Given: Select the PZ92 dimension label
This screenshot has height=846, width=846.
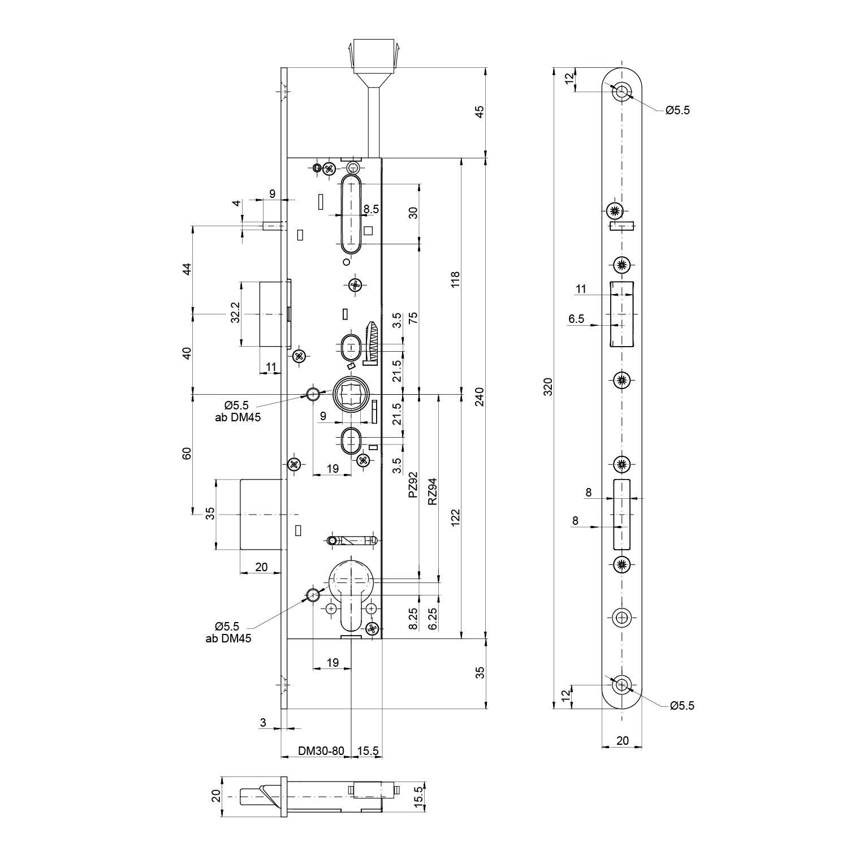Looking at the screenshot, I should point(413,485).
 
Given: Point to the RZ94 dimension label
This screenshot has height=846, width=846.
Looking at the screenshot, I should point(433,491).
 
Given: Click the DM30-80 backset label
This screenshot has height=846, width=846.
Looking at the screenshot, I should point(321,751).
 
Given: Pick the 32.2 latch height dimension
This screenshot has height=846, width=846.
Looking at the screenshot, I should point(236,312).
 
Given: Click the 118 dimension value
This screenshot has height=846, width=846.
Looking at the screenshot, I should point(456,279).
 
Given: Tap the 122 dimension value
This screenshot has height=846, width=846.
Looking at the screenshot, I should point(456,517).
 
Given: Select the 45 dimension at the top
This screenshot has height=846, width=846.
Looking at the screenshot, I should point(480,112).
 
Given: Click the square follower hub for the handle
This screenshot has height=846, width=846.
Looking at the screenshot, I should point(351,394).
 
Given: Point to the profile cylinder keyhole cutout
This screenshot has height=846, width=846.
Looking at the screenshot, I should point(351,594).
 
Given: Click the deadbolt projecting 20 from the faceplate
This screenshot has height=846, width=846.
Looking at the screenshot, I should point(261,514).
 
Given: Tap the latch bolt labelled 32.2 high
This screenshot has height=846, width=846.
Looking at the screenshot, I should point(271,313).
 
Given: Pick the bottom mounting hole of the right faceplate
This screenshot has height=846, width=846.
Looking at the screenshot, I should point(623,685).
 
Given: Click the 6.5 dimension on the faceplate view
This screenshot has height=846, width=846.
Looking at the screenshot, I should point(576,319).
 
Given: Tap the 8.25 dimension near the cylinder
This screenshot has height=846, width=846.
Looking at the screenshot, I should point(413,619).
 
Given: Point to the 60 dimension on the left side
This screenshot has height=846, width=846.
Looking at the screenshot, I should point(188,454).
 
